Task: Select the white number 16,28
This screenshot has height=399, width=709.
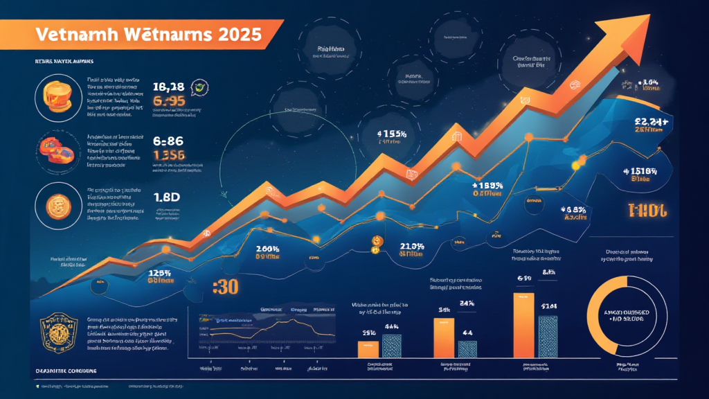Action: [168, 87]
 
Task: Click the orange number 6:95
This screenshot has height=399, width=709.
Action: [169, 101]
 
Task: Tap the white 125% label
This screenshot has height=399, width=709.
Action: [160, 273]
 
